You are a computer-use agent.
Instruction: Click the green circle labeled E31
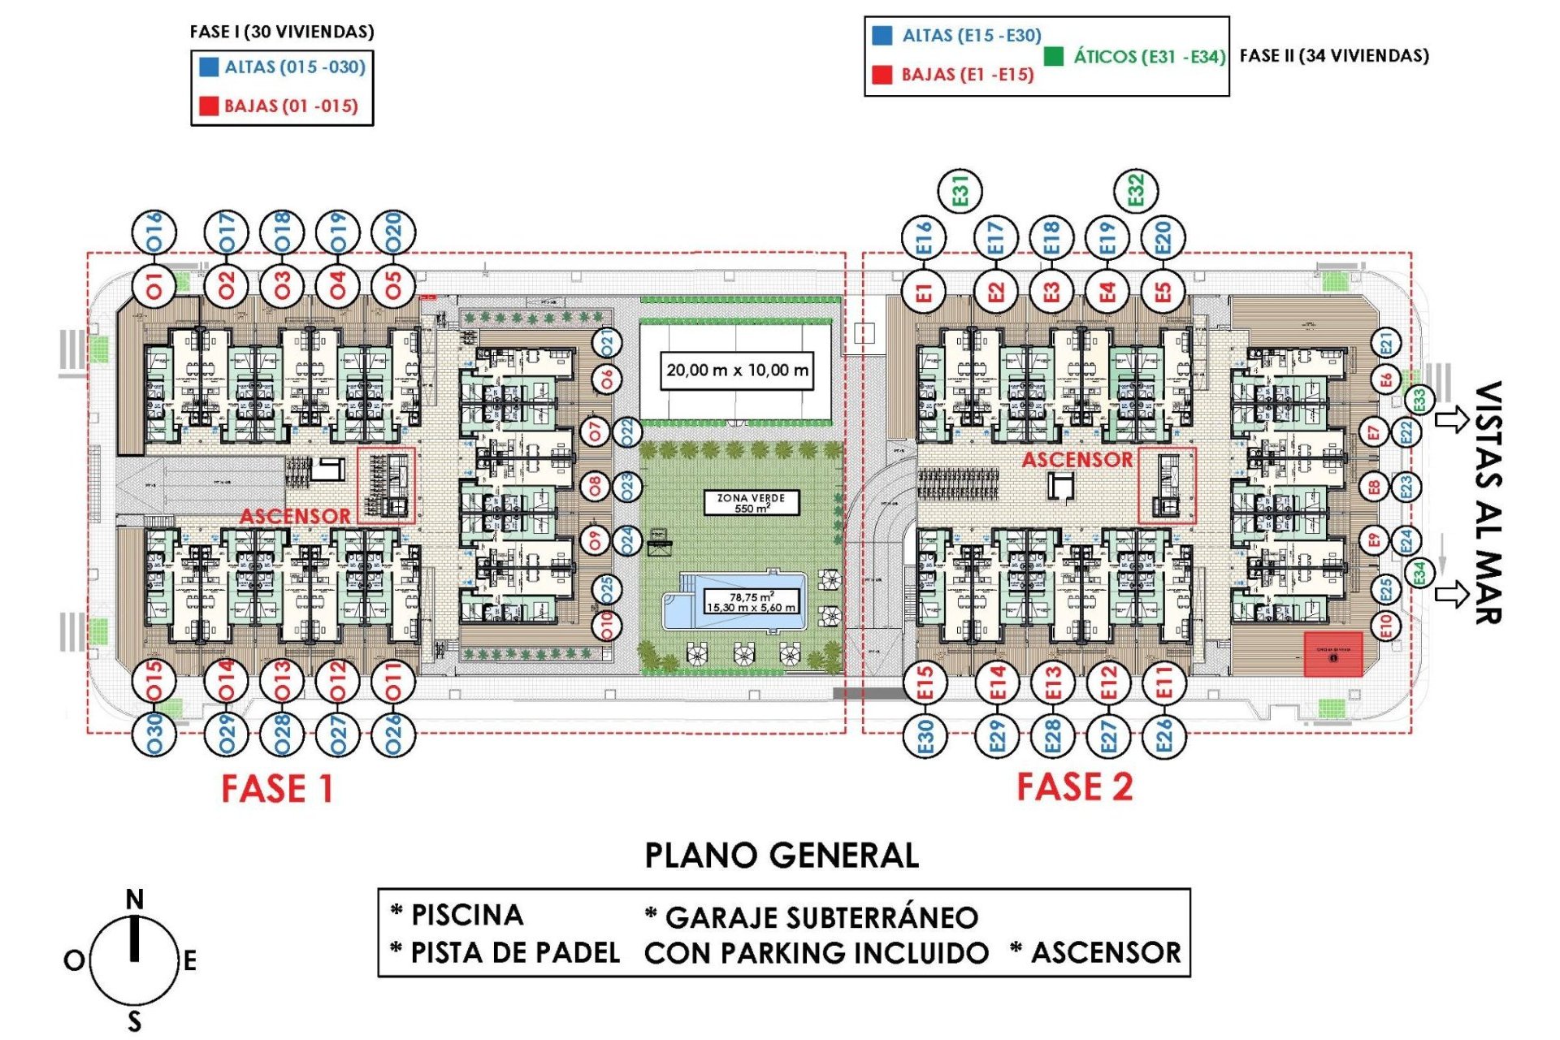960,192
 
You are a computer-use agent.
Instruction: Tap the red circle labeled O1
154,285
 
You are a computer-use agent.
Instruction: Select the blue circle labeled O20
393,232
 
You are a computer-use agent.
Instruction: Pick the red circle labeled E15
925,683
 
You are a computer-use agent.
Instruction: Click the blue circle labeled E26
1163,735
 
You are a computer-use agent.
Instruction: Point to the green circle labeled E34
1419,573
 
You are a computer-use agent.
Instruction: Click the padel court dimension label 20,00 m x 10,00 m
736,370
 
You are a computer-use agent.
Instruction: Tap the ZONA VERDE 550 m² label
750,503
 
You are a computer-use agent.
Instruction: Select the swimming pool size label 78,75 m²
751,602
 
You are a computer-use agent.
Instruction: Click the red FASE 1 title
277,789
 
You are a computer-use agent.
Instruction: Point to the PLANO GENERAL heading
781,856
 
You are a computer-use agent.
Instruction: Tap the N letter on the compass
135,899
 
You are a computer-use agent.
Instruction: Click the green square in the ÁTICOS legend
1053,56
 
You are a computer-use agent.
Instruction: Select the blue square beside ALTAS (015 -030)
209,67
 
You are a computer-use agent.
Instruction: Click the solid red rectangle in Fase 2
1332,654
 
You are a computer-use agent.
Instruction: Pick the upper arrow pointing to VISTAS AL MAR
1451,420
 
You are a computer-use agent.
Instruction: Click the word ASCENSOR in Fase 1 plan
294,516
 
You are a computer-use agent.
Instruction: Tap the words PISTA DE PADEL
515,952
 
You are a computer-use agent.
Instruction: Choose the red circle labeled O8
595,487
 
